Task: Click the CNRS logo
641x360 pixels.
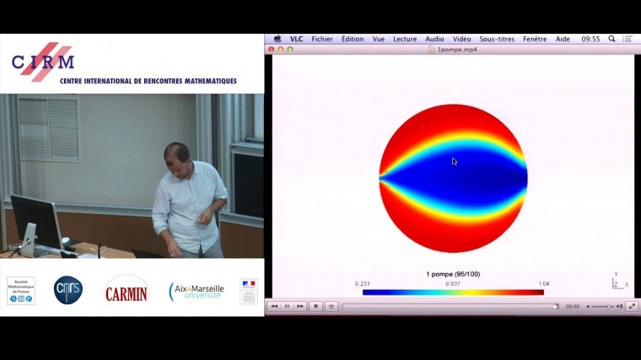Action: click(x=68, y=290)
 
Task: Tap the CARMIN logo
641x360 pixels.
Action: click(x=126, y=292)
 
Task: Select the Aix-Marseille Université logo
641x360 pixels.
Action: click(x=197, y=291)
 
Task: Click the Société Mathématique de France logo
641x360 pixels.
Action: click(x=20, y=290)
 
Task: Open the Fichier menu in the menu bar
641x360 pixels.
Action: click(x=321, y=39)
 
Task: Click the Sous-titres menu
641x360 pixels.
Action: click(x=498, y=39)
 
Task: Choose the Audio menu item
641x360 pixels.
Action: click(x=434, y=39)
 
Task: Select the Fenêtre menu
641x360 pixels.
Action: click(x=535, y=39)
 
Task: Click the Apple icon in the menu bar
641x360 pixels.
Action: click(x=277, y=39)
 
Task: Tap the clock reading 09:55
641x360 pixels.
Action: click(x=590, y=39)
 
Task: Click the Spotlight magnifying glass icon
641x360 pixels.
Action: click(x=611, y=39)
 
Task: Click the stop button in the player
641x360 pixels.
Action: click(x=315, y=306)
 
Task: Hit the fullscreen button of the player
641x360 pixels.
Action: click(x=632, y=306)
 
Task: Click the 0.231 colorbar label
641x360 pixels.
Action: click(x=364, y=283)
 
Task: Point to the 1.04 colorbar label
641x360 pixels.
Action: click(x=543, y=283)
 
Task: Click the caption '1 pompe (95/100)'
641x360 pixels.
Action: click(x=453, y=274)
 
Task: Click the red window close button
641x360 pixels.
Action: click(x=272, y=50)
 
